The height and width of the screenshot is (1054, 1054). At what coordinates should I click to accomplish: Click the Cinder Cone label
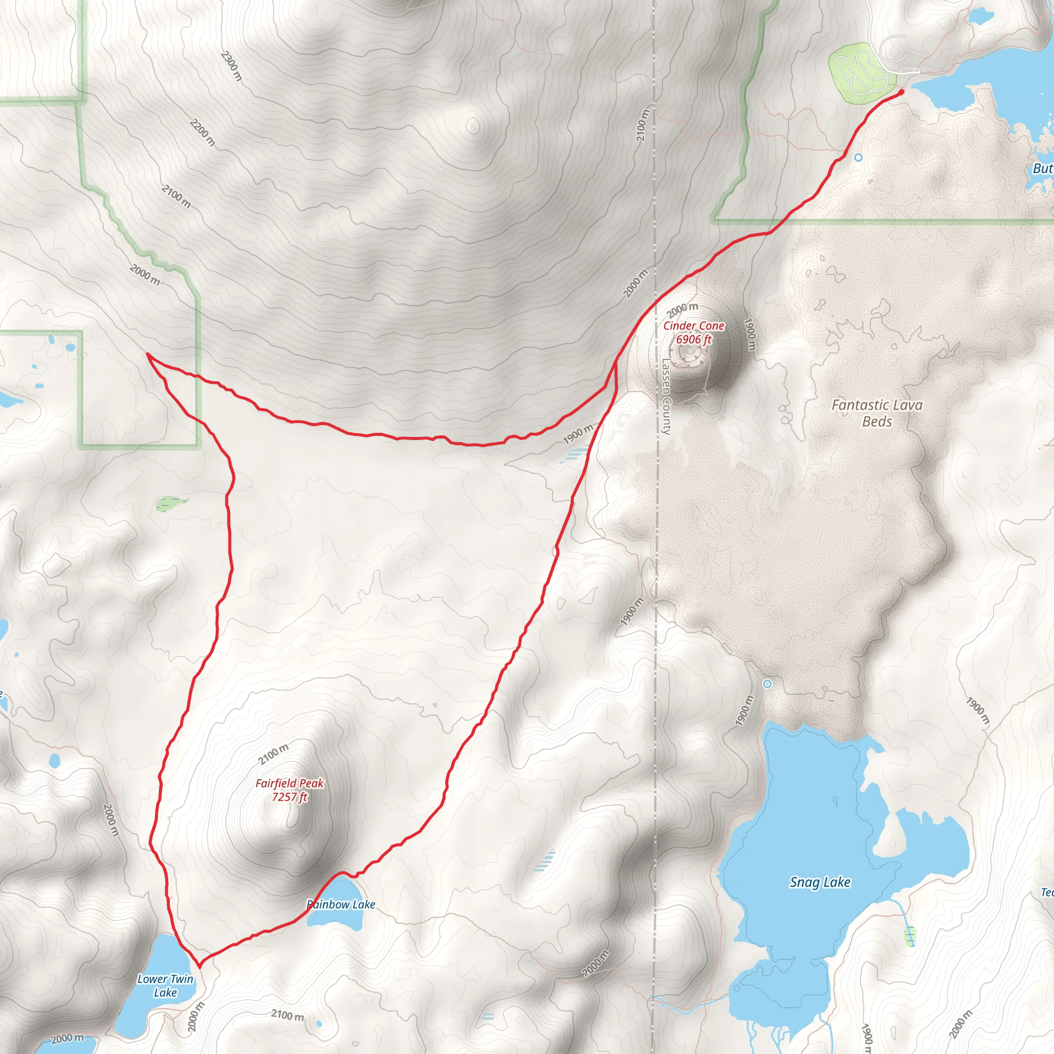point(693,326)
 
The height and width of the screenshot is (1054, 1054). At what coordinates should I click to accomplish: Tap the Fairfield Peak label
point(290,783)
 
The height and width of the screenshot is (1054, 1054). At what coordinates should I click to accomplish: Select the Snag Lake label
point(819,882)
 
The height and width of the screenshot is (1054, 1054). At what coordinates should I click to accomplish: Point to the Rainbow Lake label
point(341,905)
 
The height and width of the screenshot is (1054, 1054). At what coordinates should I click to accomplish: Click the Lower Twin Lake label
point(165,986)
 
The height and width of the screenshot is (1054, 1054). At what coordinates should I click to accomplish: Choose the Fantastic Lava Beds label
point(876,413)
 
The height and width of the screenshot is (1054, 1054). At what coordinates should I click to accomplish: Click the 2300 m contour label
point(231,66)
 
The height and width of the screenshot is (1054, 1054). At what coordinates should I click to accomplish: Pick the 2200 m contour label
point(202,133)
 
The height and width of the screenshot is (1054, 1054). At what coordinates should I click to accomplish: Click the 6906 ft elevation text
point(693,339)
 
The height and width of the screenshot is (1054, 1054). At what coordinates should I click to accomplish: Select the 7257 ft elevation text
point(290,797)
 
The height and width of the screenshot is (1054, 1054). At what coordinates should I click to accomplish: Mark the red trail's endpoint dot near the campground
point(901,92)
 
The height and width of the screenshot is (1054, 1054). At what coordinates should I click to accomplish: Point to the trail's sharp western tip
point(147,354)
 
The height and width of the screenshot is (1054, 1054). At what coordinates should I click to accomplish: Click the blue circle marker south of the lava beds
point(767,683)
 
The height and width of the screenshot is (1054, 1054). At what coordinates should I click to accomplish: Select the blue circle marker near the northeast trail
point(858,157)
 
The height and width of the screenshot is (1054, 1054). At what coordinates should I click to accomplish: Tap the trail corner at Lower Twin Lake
point(200,964)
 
